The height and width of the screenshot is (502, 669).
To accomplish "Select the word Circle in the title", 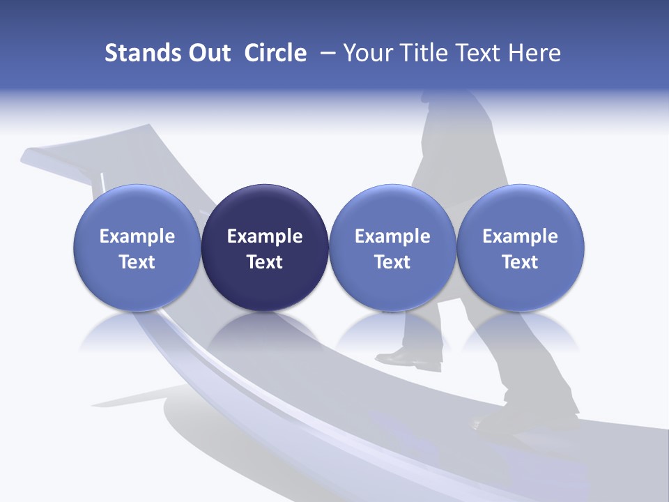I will pyautogui.click(x=275, y=53).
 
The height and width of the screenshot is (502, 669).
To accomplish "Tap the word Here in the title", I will pyautogui.click(x=533, y=53).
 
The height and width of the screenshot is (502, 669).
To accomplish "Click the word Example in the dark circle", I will pyautogui.click(x=265, y=236).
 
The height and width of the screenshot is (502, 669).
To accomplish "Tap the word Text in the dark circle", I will pyautogui.click(x=265, y=262).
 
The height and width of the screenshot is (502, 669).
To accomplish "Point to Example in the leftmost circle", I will pyautogui.click(x=137, y=236).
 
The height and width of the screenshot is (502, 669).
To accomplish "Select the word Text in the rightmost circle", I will pyautogui.click(x=521, y=262).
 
